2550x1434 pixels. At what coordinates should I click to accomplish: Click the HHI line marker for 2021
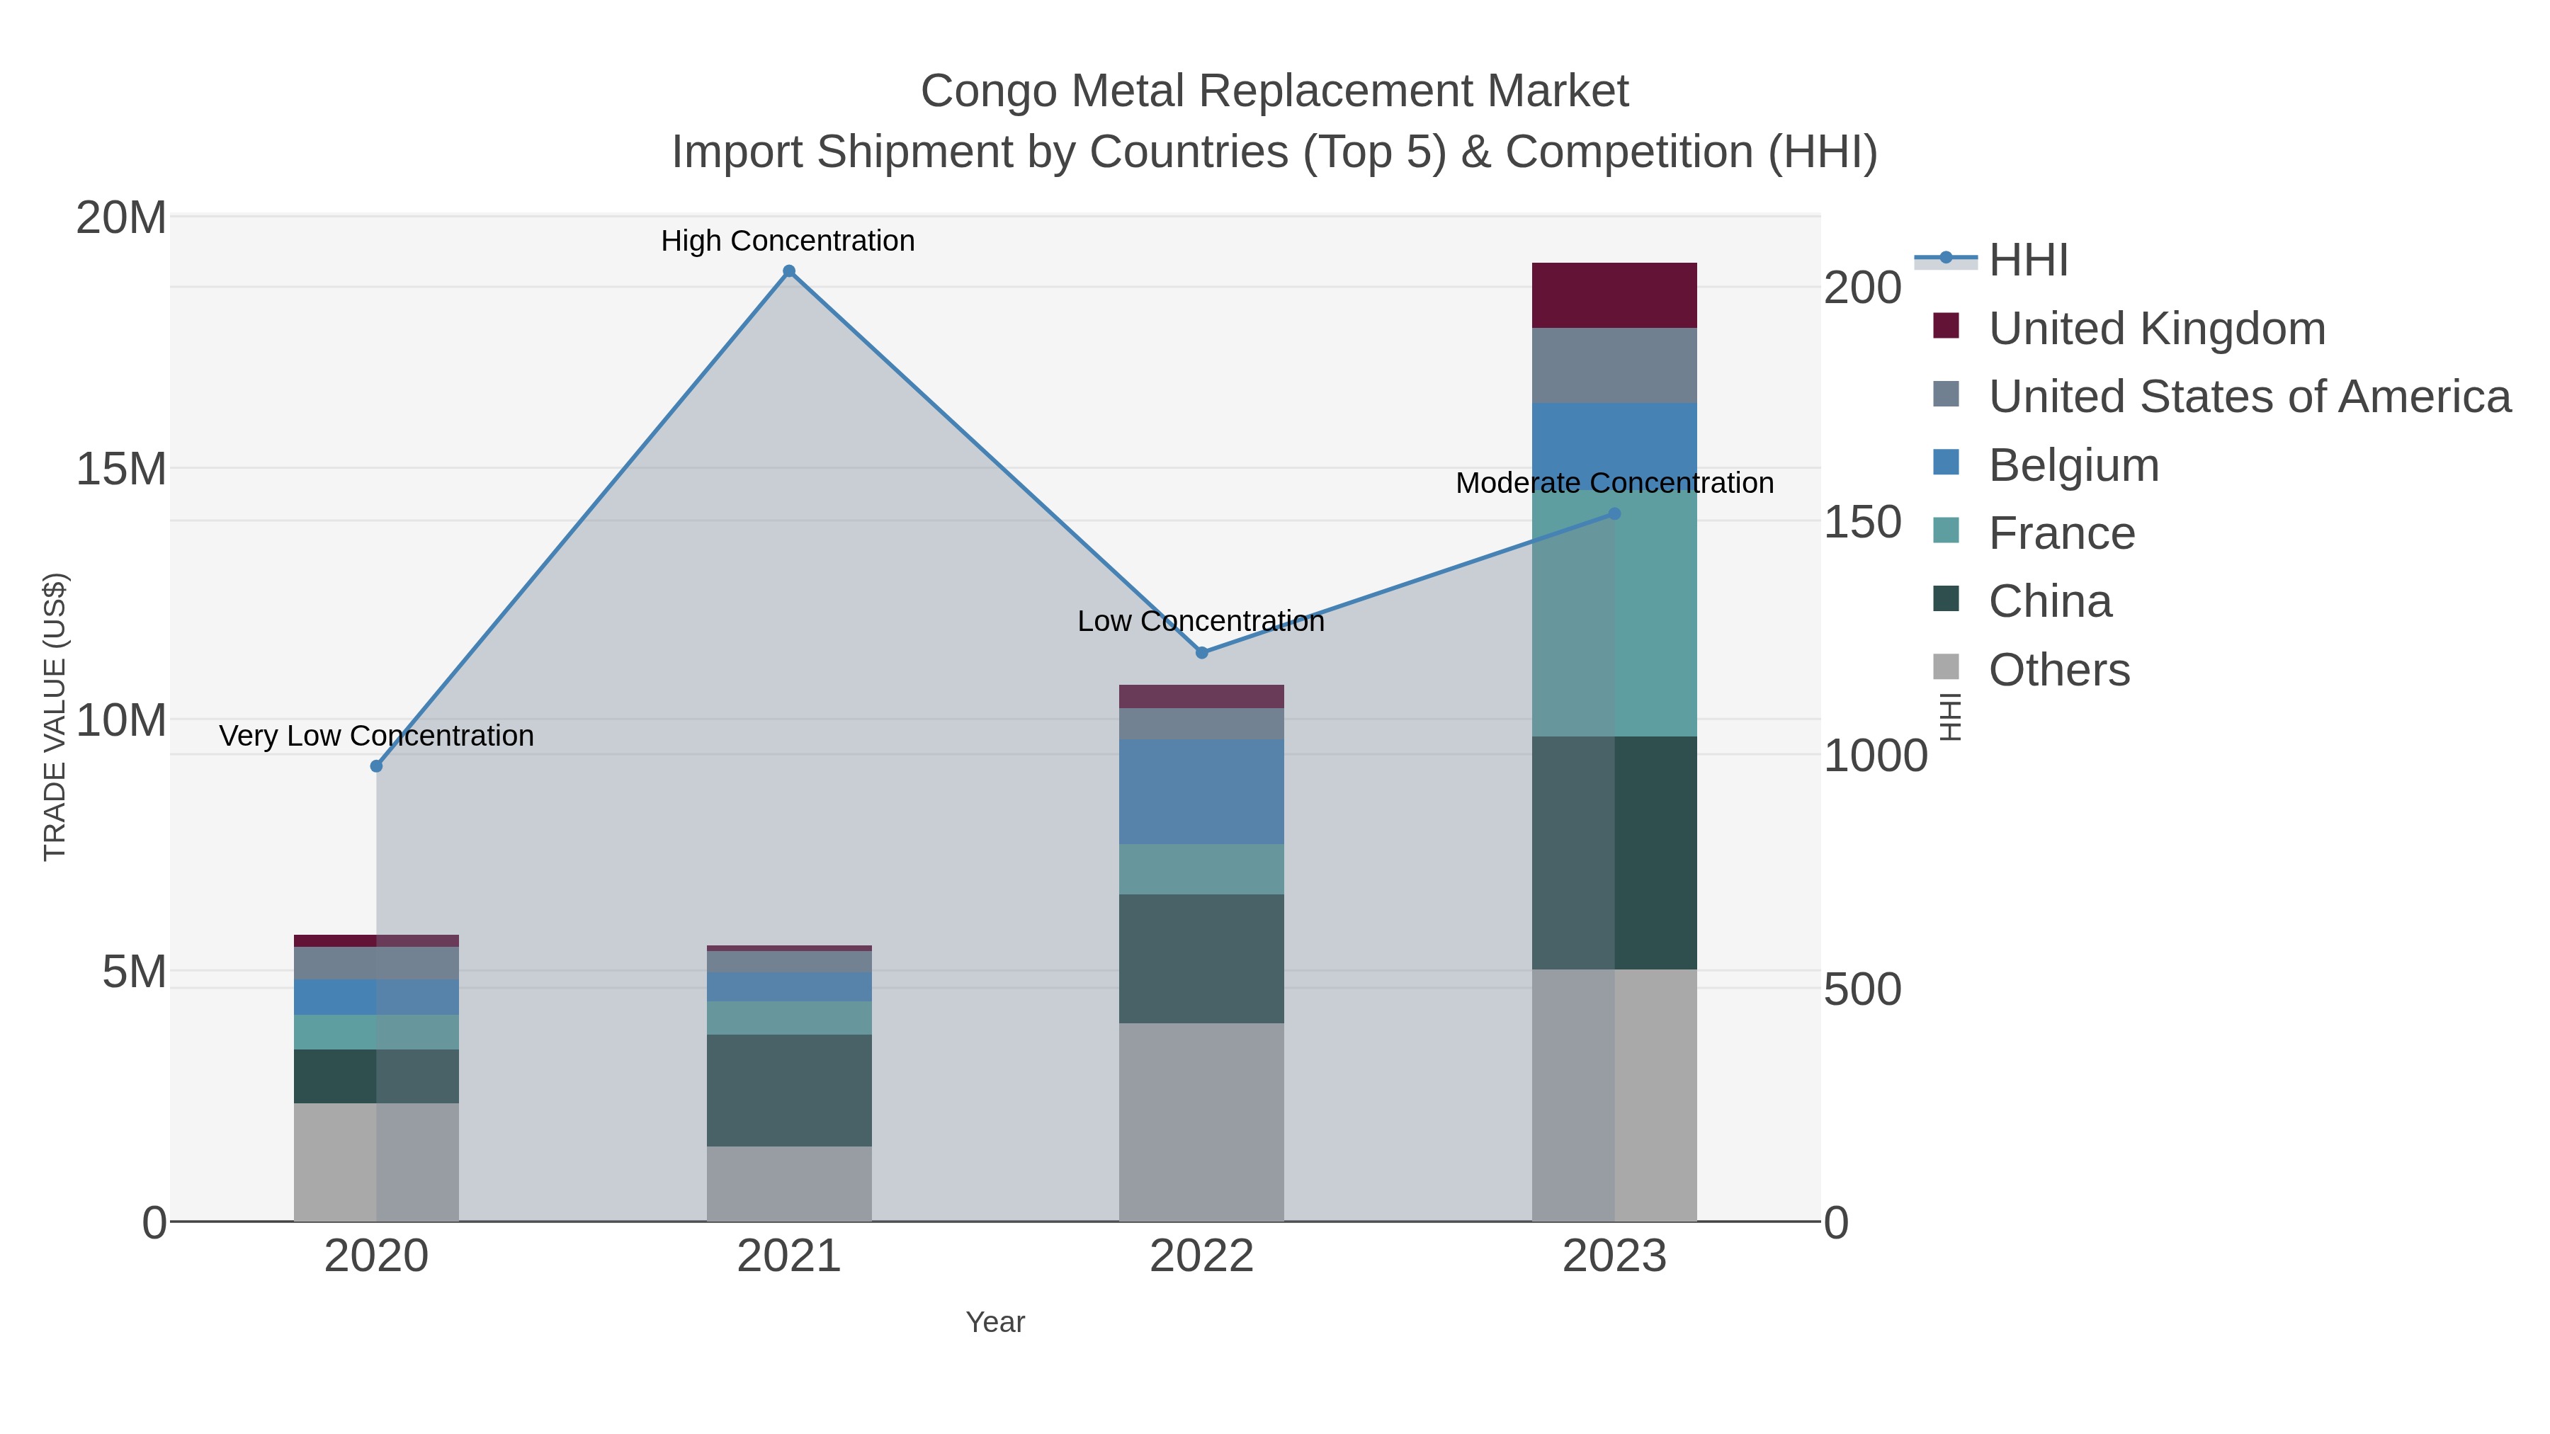coord(789,271)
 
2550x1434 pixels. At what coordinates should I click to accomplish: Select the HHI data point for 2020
coord(376,766)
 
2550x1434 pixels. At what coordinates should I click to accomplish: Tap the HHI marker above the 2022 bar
coord(1202,653)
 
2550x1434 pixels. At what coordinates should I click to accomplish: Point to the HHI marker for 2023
coord(1614,513)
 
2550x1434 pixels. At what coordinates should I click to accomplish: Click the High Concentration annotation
coord(788,241)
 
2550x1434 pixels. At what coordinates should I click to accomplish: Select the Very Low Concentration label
coord(376,736)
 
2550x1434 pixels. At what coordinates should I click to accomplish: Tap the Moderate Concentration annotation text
coord(1614,484)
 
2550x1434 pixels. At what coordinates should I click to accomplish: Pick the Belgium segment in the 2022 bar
coord(1202,792)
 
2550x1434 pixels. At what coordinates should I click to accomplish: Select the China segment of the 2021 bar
coord(789,1091)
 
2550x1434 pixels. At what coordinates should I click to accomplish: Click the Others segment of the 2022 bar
coord(1202,1122)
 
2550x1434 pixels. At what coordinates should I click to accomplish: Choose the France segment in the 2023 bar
coord(1614,613)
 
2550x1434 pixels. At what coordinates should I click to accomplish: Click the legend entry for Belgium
coord(2073,465)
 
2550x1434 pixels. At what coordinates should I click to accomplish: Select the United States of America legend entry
coord(2249,397)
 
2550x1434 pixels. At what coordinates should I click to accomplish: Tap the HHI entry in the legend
coord(2027,261)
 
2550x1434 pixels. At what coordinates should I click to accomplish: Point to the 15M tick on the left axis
coord(120,469)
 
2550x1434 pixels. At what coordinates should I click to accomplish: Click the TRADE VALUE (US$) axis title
coord(55,717)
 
